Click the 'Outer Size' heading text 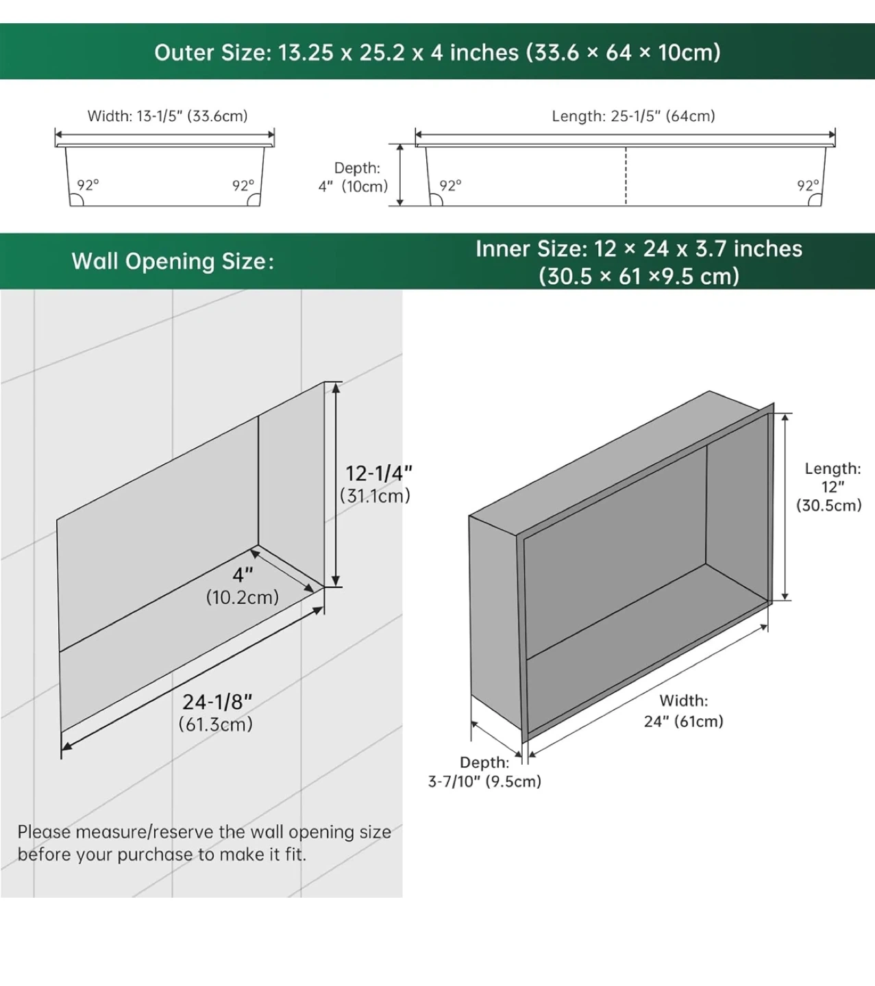pos(212,53)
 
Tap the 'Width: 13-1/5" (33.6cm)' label pos(167,116)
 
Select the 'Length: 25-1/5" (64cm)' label pos(633,116)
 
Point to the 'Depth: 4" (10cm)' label pos(354,177)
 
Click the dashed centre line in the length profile pos(626,176)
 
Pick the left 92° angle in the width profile pos(88,185)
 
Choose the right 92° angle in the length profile pos(808,186)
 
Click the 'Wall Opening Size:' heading pos(173,262)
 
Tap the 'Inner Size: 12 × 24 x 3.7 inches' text pos(639,249)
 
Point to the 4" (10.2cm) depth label pos(243,586)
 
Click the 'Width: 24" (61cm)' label pos(684,711)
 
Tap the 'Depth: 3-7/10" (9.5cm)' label pos(484,772)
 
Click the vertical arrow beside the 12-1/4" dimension pos(336,485)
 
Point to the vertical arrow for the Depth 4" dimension pos(399,175)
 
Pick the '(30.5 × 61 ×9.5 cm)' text pos(639,276)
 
